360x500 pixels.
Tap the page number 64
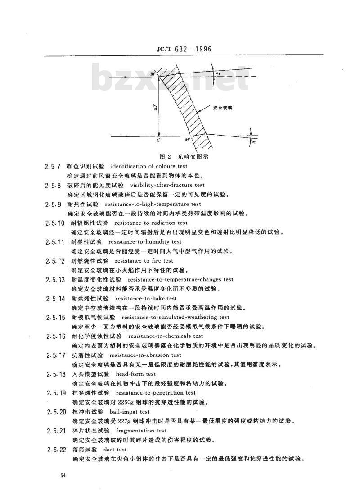pos(63,476)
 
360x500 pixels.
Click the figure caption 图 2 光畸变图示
pos(184,156)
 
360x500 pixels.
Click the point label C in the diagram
pos(159,140)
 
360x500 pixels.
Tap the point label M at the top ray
pos(153,74)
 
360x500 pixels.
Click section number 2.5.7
pos(53,167)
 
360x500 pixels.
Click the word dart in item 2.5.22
pos(108,450)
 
